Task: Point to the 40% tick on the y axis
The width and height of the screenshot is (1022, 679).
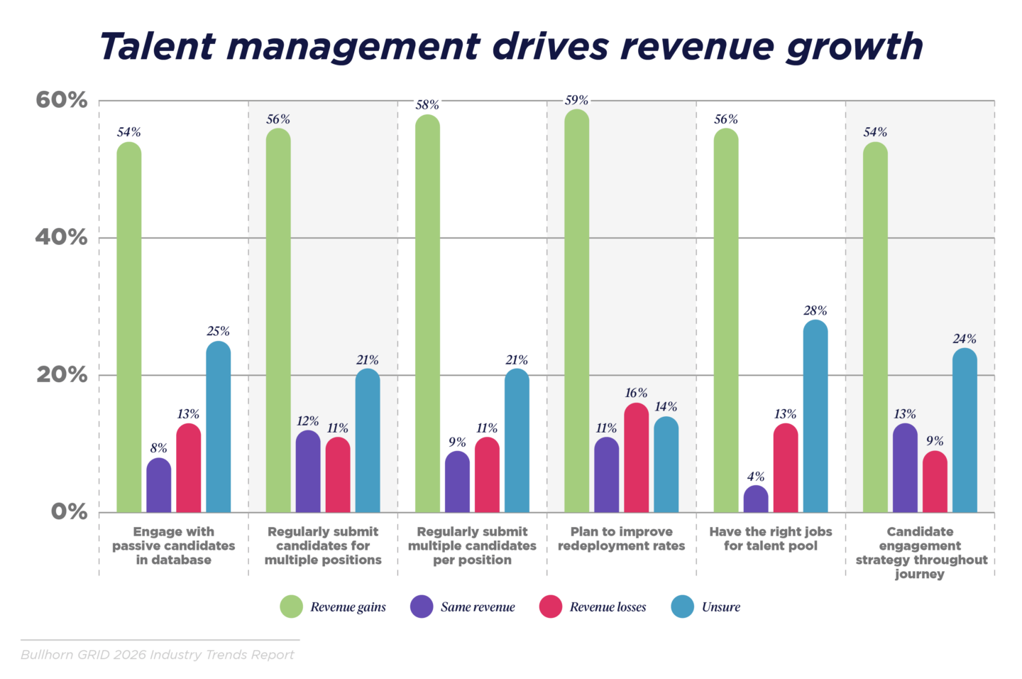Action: click(62, 237)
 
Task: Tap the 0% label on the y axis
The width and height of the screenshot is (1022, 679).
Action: click(69, 511)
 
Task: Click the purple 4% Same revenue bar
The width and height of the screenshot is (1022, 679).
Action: click(756, 499)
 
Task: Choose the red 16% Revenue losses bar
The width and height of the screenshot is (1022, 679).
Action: click(636, 458)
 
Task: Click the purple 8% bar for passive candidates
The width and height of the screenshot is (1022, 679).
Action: click(158, 486)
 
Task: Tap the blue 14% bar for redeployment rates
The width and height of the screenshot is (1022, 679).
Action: click(666, 465)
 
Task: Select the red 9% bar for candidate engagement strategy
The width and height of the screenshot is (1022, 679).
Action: click(935, 482)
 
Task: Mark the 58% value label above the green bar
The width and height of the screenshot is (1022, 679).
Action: click(427, 105)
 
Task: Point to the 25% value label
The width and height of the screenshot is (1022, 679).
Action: click(218, 331)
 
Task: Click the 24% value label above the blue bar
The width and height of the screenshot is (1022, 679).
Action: click(965, 339)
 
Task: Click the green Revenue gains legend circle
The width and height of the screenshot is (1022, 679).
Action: click(291, 607)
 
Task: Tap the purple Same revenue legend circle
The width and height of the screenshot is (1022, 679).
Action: click(422, 607)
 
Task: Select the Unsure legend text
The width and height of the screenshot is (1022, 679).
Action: click(720, 607)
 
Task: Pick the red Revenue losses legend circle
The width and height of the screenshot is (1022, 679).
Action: click(551, 607)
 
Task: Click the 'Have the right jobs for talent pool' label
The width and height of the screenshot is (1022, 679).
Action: click(770, 538)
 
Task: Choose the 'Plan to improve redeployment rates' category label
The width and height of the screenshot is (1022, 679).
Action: click(621, 538)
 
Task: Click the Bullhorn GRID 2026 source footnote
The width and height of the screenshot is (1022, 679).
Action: click(157, 654)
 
